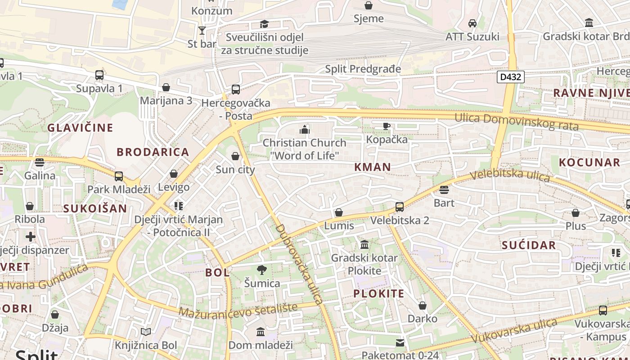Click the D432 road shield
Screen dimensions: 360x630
(511, 77)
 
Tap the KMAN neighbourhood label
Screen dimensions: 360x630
(372, 167)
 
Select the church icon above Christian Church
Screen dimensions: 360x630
(305, 130)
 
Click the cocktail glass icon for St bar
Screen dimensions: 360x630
(202, 31)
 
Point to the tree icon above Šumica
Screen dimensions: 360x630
(262, 270)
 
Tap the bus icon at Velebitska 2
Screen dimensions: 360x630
(400, 207)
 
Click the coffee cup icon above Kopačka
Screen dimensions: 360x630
(386, 126)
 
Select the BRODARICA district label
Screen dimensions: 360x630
(153, 152)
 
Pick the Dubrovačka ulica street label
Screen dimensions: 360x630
(299, 264)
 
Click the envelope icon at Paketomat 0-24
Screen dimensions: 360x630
(400, 343)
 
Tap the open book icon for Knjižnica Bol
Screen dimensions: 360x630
(146, 332)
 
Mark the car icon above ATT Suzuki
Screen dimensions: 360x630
(472, 23)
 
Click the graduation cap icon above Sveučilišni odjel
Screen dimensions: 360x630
(265, 24)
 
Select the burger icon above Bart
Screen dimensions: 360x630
(444, 190)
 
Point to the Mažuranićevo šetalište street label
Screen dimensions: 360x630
(238, 310)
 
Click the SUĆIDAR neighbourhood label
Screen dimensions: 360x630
(529, 245)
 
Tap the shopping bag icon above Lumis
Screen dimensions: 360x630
(339, 212)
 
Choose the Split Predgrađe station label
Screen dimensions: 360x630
(363, 69)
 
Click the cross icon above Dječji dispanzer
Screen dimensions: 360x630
(31, 237)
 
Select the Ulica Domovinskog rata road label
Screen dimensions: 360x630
(516, 121)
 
